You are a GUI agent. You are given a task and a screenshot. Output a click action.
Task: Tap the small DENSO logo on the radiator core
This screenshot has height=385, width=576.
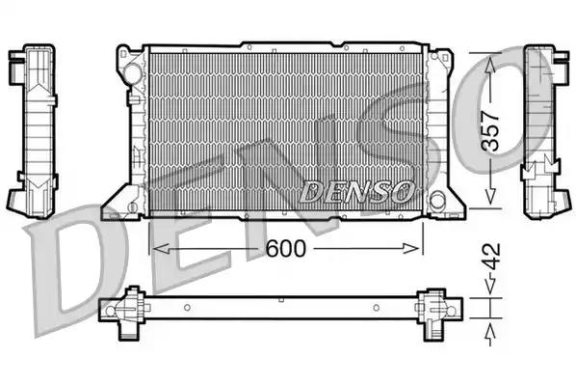(357, 192)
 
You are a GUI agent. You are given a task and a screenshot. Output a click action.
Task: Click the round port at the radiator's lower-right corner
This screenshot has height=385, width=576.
(438, 201)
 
